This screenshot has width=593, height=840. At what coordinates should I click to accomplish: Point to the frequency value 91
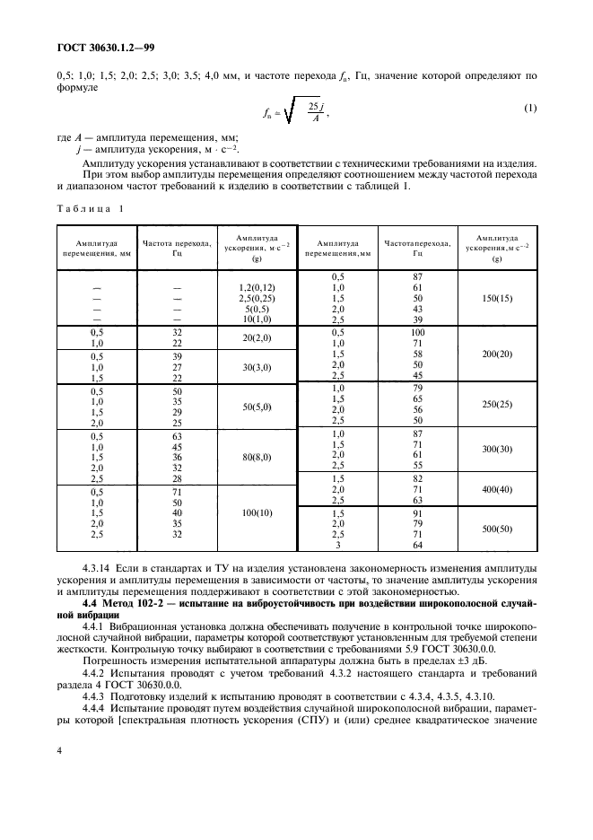click(x=417, y=513)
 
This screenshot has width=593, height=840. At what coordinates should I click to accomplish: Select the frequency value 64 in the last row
click(x=417, y=545)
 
